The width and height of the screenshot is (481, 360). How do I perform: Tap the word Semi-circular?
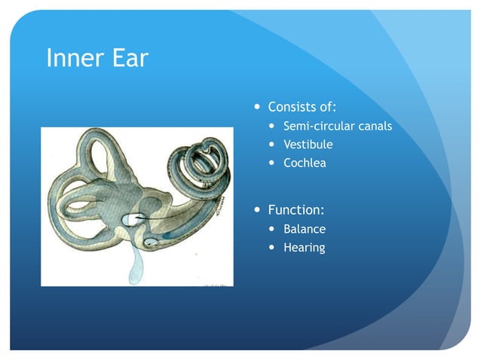point(318,126)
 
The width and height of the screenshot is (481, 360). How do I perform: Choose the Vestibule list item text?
point(308,144)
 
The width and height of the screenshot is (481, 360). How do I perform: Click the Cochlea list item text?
point(305,163)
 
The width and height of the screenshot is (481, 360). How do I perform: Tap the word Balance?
point(305,229)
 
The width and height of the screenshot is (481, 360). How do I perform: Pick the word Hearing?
point(305,247)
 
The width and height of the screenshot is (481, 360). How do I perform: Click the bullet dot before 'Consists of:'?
point(257,107)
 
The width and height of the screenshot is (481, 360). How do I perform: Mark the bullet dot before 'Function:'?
point(257,210)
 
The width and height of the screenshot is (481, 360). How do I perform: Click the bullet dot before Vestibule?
point(272,145)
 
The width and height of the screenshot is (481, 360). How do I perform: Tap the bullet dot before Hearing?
point(272,248)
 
